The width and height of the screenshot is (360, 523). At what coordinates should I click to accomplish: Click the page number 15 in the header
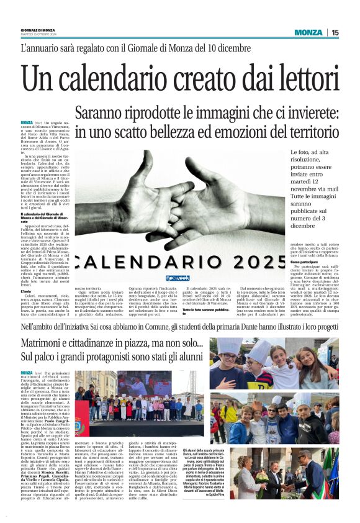coord(335,32)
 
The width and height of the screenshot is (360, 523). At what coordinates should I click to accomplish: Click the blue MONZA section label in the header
coord(308,32)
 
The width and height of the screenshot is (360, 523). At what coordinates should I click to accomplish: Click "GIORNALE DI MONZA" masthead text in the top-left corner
coord(38,30)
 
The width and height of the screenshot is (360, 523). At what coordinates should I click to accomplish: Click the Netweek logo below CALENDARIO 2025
coord(178,278)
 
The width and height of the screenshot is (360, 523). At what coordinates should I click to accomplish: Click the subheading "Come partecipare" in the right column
coord(305,262)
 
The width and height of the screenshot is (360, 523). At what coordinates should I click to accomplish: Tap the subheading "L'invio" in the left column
coord(26,291)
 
